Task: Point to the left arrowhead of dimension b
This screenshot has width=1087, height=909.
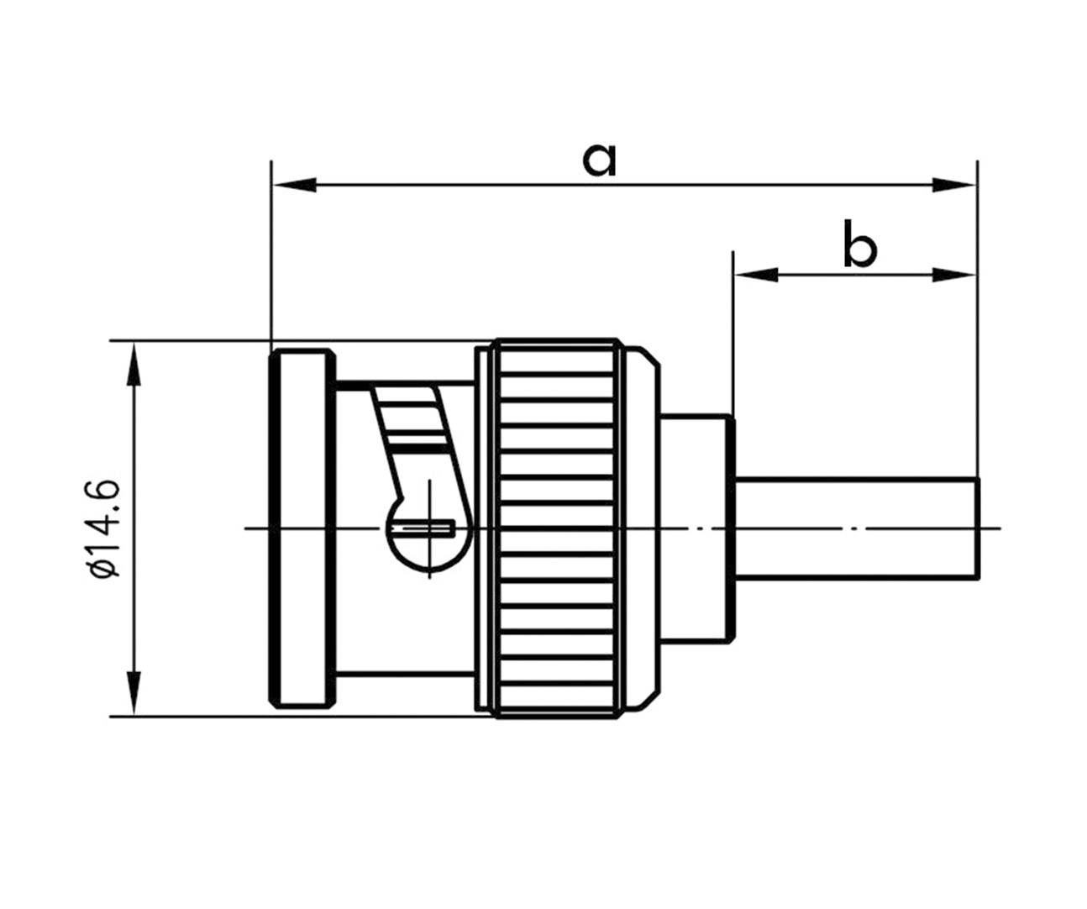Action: click(755, 274)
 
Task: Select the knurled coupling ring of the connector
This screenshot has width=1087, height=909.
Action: click(557, 528)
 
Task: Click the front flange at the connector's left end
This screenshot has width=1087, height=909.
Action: click(301, 528)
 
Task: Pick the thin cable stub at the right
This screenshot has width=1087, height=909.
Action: click(857, 528)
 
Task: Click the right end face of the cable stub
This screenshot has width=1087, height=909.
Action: click(979, 528)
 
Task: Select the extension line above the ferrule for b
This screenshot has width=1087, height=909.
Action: click(733, 336)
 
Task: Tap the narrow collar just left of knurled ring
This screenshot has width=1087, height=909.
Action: click(483, 528)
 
